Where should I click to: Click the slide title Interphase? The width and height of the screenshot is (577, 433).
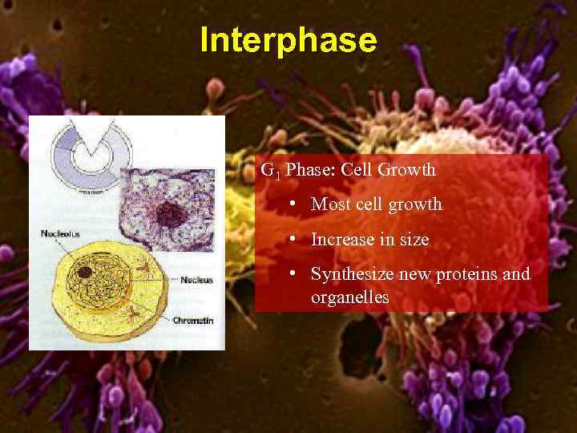pyautogui.click(x=288, y=40)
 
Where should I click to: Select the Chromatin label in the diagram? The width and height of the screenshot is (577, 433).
pyautogui.click(x=192, y=320)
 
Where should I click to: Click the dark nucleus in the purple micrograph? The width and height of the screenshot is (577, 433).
pyautogui.click(x=169, y=214)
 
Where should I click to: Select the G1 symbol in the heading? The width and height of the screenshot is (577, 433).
pyautogui.click(x=269, y=171)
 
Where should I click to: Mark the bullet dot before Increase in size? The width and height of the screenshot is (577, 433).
pyautogui.click(x=296, y=239)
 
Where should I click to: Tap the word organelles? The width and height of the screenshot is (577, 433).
pyautogui.click(x=349, y=297)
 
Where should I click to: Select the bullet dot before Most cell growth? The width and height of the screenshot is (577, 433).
pyautogui.click(x=296, y=204)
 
